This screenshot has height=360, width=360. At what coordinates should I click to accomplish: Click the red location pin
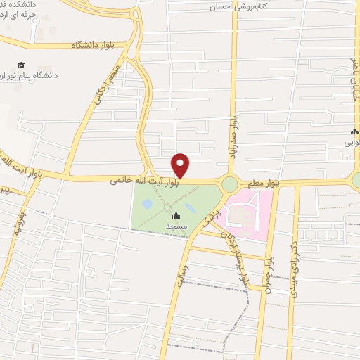pyautogui.click(x=181, y=164)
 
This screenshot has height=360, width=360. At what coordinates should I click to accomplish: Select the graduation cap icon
pyautogui.click(x=20, y=64)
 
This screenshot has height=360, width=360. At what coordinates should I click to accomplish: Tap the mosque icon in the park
pyautogui.click(x=175, y=215)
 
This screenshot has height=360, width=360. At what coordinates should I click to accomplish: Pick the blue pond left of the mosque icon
pyautogui.click(x=147, y=204)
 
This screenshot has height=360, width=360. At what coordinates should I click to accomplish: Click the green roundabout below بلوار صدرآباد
pyautogui.click(x=230, y=184)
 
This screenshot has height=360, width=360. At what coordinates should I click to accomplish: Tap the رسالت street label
pyautogui.click(x=174, y=271)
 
